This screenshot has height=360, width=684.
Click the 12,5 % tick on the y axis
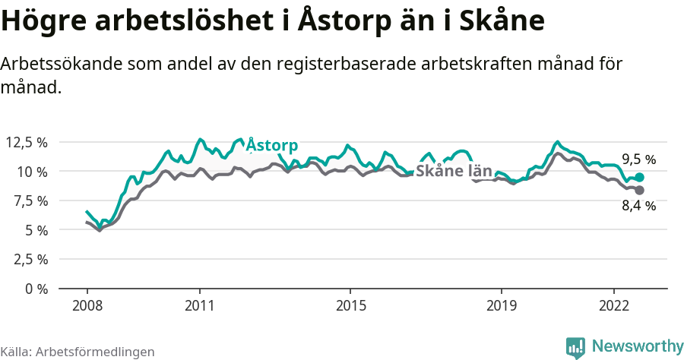(x=26, y=142)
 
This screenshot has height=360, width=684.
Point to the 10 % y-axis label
(x=31, y=172)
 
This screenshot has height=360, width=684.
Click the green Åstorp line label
(x=273, y=145)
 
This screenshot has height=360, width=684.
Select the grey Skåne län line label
(x=454, y=171)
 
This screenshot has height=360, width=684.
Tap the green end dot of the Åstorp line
(x=639, y=177)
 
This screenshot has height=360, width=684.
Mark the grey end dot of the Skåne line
(x=639, y=190)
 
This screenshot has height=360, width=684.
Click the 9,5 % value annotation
(x=638, y=159)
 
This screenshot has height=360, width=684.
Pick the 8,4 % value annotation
(x=638, y=206)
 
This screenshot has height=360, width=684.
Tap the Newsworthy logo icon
(x=575, y=347)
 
